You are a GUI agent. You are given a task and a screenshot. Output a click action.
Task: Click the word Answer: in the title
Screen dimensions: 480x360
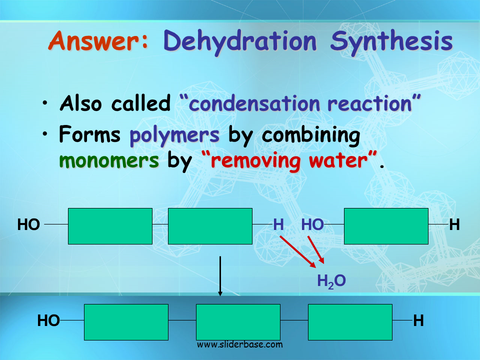(x=98, y=40)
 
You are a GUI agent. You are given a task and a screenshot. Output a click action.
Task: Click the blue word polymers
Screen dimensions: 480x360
(x=174, y=135)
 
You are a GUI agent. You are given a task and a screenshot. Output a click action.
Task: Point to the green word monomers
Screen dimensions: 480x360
(x=109, y=160)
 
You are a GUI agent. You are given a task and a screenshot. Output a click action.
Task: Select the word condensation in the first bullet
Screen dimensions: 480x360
(x=254, y=103)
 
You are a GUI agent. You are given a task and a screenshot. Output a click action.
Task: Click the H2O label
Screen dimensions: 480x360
(x=331, y=281)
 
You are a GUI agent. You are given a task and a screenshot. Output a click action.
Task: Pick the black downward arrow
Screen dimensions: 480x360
(x=220, y=276)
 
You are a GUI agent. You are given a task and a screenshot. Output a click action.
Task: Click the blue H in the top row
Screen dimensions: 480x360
(x=278, y=224)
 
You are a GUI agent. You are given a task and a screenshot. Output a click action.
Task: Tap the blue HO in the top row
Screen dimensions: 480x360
(x=312, y=224)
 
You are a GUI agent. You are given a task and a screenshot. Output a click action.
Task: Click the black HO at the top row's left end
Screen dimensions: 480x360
(x=28, y=224)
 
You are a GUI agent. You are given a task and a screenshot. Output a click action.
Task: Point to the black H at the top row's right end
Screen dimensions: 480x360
(x=454, y=224)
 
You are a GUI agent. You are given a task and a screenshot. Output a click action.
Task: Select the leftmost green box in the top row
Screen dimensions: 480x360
(x=110, y=226)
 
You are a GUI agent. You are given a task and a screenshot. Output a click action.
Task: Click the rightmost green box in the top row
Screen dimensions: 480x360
(x=386, y=226)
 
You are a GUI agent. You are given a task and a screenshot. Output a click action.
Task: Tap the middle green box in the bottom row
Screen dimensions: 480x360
(x=238, y=322)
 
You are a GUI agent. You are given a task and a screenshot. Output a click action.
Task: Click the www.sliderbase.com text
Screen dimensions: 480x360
(x=239, y=344)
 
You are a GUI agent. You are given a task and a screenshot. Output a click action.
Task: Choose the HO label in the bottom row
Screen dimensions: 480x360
(x=48, y=321)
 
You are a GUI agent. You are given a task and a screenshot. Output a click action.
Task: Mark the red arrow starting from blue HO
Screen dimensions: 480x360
(x=316, y=249)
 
